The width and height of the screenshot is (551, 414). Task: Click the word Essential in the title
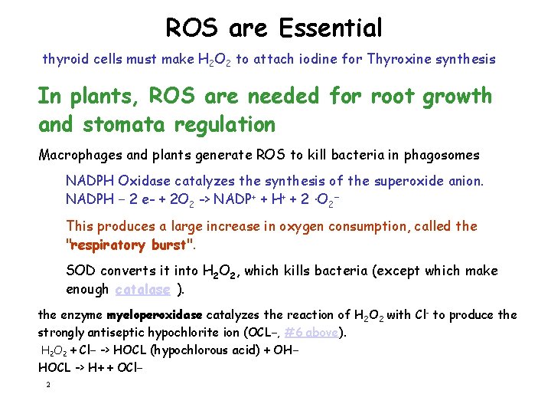(331, 28)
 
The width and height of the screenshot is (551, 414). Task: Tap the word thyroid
(64, 59)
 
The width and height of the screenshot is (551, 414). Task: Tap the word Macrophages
(80, 155)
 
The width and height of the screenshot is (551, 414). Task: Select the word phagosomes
(442, 155)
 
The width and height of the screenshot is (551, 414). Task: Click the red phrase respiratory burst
(128, 245)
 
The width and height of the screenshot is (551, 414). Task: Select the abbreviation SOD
(81, 271)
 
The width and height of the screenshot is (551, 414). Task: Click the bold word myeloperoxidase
(155, 315)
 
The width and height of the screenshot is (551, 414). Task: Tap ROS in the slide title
(193, 28)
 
